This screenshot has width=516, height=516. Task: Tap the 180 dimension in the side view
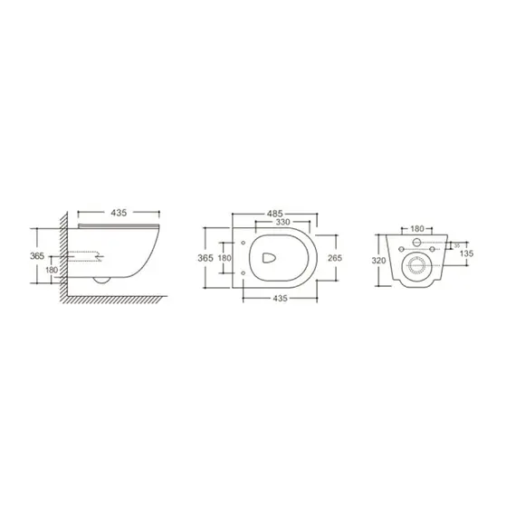click(52, 271)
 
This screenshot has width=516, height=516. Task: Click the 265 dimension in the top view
click(333, 258)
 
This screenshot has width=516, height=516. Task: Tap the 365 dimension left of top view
click(205, 258)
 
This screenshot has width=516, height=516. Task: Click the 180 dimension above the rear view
click(417, 229)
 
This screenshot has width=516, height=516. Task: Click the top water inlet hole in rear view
click(417, 245)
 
